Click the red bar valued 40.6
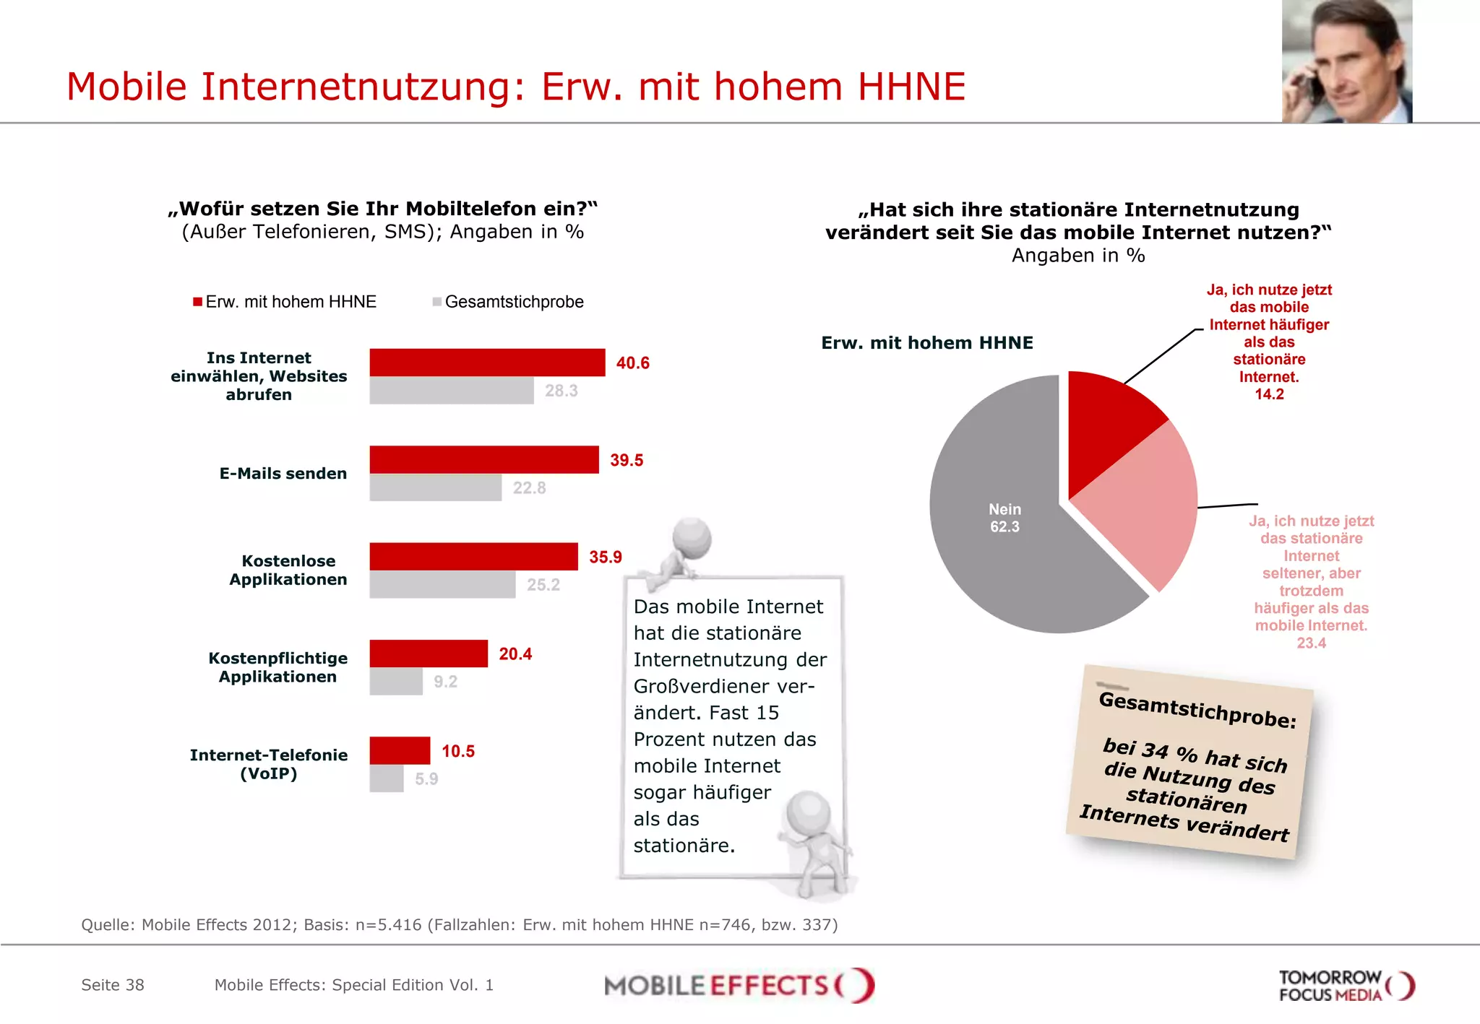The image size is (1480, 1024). pyautogui.click(x=487, y=363)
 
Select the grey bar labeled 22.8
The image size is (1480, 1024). pyautogui.click(x=435, y=487)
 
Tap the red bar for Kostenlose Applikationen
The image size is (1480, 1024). pyautogui.click(x=473, y=557)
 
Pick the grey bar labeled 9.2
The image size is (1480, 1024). pyautogui.click(x=395, y=682)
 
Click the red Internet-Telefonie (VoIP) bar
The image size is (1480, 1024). pyautogui.click(x=400, y=751)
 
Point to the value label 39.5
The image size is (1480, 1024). pyautogui.click(x=626, y=461)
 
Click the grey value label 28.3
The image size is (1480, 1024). pyautogui.click(x=561, y=391)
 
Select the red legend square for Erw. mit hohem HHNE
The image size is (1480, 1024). pyautogui.click(x=197, y=302)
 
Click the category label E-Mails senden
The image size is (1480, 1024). pyautogui.click(x=283, y=474)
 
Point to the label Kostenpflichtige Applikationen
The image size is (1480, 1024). pyautogui.click(x=278, y=667)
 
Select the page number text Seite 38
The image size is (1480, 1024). pyautogui.click(x=113, y=985)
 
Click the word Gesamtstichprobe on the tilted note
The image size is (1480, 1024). pyautogui.click(x=1197, y=710)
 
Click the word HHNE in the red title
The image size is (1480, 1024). pyautogui.click(x=911, y=87)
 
